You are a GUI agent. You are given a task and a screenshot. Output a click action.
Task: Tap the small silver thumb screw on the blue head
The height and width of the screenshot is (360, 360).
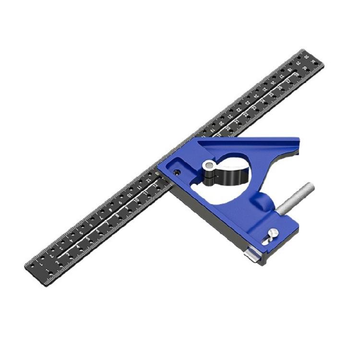(x=272, y=234)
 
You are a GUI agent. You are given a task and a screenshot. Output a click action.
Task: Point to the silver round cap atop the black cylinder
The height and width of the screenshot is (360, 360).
(x=208, y=166)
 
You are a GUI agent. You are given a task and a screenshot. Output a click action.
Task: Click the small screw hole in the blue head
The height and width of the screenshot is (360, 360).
(x=177, y=172)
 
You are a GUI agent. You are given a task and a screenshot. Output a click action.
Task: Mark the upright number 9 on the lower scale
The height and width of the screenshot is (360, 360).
(x=127, y=208)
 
